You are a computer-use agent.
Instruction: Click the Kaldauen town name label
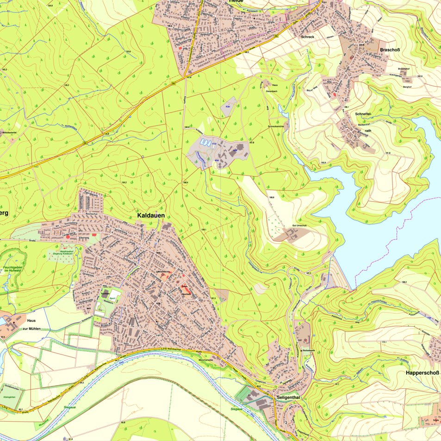(x=151, y=216)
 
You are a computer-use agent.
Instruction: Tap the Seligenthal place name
(x=289, y=398)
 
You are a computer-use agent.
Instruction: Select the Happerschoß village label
(x=422, y=373)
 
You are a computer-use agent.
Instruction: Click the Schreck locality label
(x=308, y=37)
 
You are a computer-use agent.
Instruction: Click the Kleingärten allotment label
(x=10, y=397)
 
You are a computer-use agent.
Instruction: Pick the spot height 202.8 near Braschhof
(x=420, y=76)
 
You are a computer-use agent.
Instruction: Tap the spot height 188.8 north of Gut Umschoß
(x=271, y=198)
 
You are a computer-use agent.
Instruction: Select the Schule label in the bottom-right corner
(x=435, y=420)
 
